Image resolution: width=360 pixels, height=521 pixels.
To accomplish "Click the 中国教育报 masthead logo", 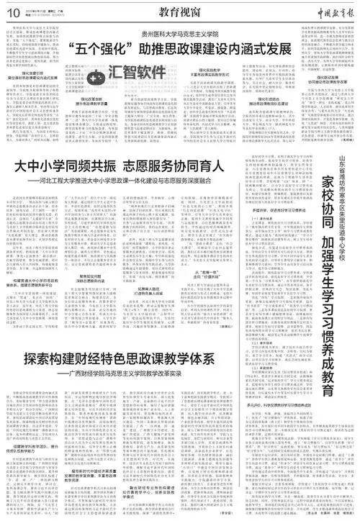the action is pos(323,10).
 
